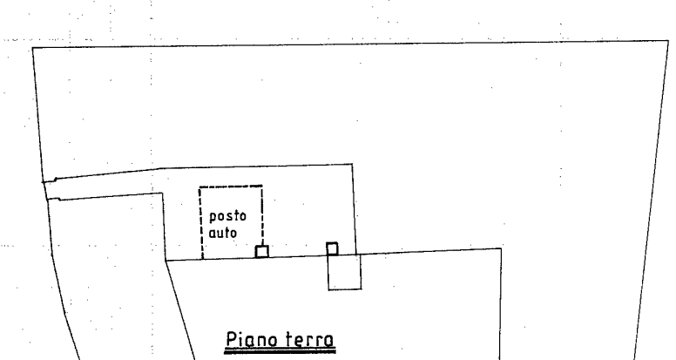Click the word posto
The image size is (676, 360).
(227, 216)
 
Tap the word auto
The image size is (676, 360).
(223, 233)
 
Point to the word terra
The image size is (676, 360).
(308, 340)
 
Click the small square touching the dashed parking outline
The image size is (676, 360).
(261, 251)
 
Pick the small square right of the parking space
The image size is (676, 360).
(332, 248)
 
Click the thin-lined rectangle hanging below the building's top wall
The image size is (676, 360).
(344, 272)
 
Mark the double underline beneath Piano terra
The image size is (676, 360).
(280, 351)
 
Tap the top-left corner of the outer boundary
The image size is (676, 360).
(33, 47)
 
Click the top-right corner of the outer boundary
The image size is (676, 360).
(668, 41)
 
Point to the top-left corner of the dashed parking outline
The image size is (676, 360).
(199, 187)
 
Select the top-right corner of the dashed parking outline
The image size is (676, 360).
(262, 186)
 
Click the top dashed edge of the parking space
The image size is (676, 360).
(231, 187)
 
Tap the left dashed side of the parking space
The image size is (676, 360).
(201, 223)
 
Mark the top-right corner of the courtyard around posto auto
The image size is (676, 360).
(352, 164)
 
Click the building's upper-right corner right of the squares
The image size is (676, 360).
(501, 248)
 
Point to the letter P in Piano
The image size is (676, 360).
(232, 339)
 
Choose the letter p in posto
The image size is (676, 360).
(213, 217)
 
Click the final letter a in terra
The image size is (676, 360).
(329, 342)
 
